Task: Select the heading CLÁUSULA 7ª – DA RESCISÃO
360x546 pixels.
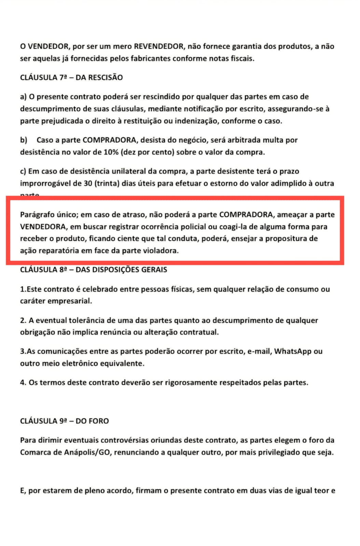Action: click(71, 77)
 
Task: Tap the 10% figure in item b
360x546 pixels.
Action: click(111, 152)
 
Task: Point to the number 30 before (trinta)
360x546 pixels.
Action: click(88, 183)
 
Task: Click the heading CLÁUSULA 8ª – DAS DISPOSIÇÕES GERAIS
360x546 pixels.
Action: click(94, 270)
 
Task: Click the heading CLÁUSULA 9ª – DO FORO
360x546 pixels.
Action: click(65, 421)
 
